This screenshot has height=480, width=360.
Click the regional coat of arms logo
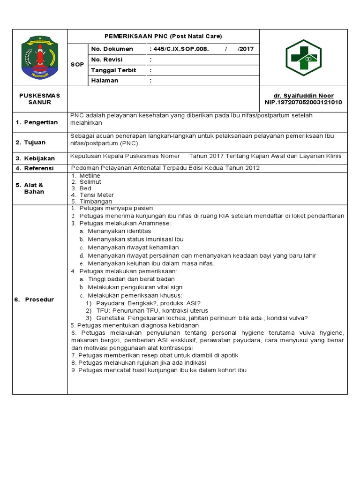click(40, 58)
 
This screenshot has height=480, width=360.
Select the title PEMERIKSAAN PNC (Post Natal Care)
click(163, 36)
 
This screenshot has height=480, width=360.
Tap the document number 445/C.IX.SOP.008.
click(180, 49)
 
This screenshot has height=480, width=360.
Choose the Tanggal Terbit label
click(113, 70)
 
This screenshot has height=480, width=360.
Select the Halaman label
click(105, 80)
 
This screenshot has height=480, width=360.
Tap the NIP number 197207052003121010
click(303, 102)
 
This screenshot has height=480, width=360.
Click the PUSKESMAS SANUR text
click(40, 99)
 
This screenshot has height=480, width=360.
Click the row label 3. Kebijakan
click(36, 158)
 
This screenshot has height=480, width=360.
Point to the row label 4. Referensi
click(35, 168)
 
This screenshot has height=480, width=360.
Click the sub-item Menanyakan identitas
click(120, 231)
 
